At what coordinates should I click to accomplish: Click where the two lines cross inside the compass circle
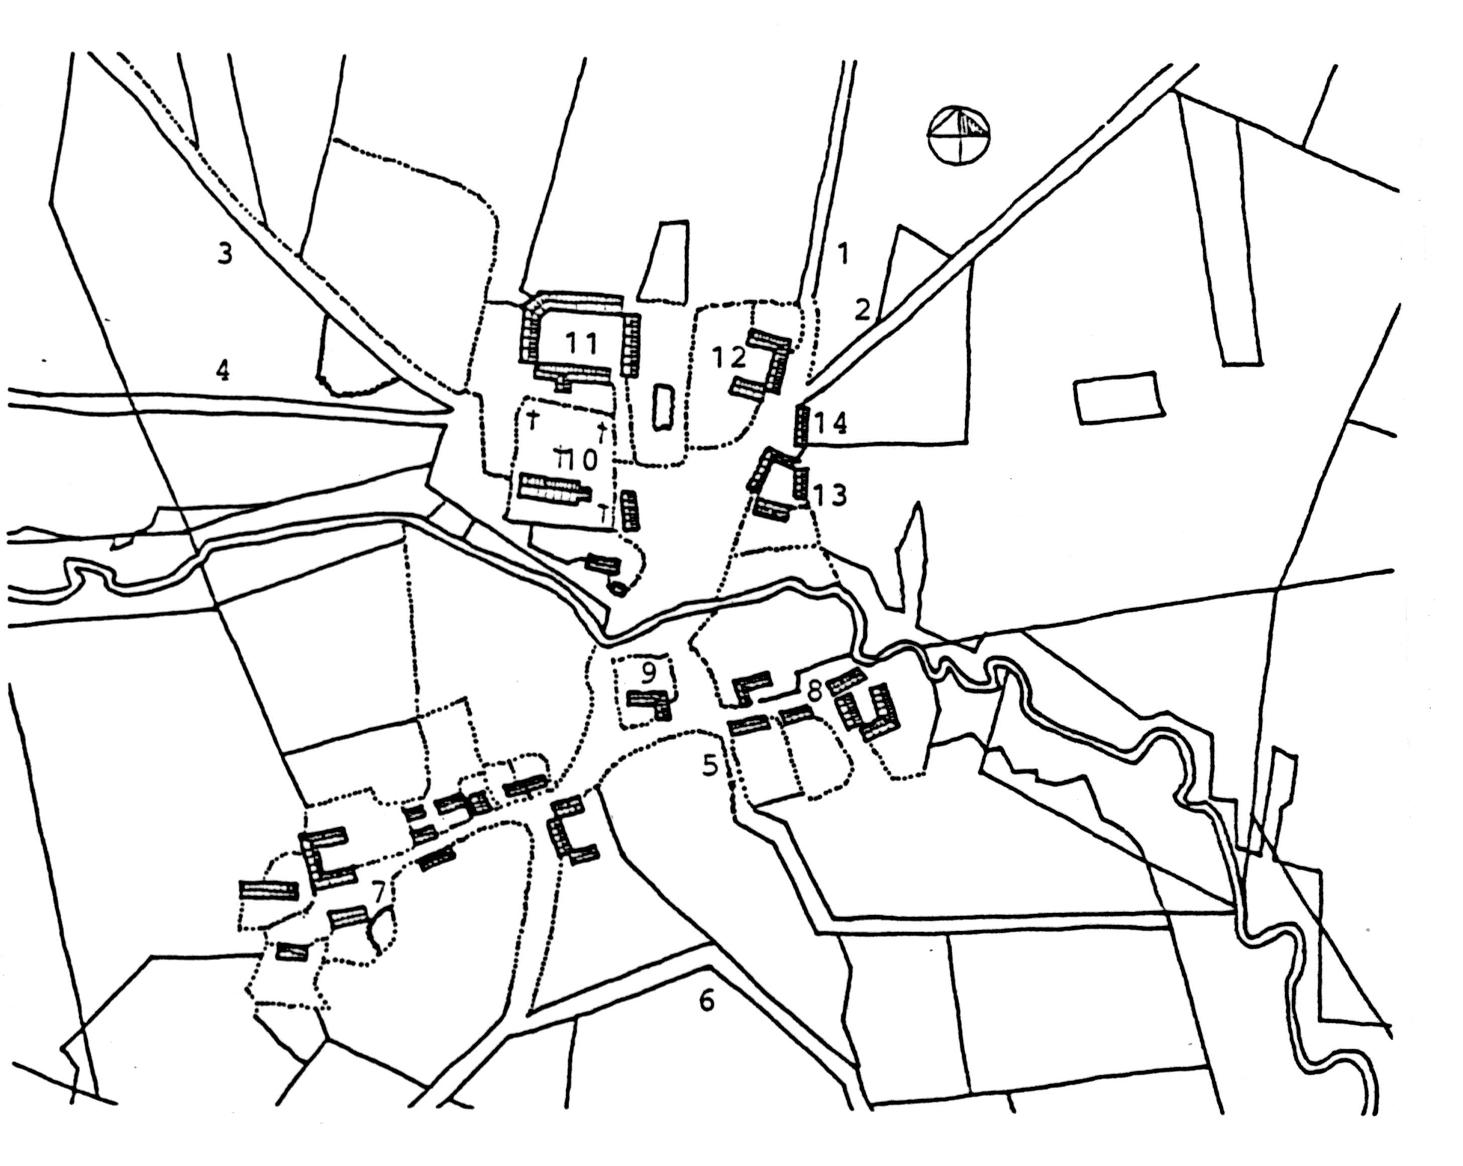click(959, 134)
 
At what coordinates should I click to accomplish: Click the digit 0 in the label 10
click(588, 460)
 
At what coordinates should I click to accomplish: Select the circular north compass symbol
click(959, 134)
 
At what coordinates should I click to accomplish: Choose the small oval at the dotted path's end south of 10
click(617, 588)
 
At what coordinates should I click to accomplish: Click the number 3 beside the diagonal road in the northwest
click(224, 254)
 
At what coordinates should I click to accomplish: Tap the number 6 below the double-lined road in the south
click(706, 1001)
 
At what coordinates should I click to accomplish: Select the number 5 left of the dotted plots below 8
click(710, 765)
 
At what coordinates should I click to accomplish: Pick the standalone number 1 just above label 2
click(844, 253)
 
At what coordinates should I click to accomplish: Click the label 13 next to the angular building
click(831, 496)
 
